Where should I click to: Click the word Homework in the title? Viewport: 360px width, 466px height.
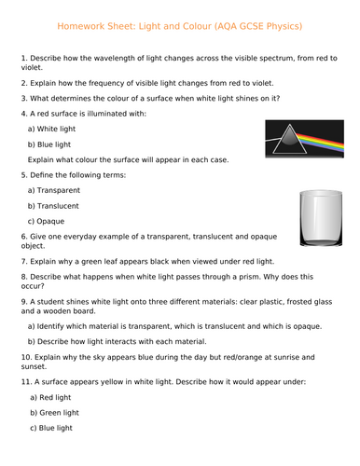point(76,25)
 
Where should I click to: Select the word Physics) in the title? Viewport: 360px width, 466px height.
point(284,25)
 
